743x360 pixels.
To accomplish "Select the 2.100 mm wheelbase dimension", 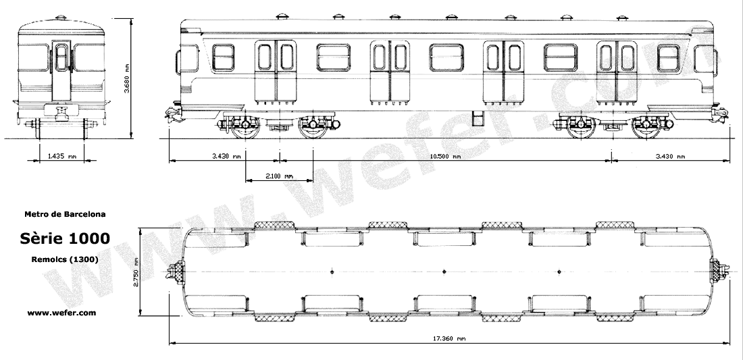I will click(279, 176).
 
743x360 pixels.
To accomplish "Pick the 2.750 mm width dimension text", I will click(136, 272).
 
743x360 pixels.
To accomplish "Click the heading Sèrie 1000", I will click(65, 239).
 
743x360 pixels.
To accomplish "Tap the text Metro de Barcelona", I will click(64, 214).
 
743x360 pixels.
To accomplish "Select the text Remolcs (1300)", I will click(65, 259).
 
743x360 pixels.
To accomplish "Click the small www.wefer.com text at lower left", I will click(61, 313).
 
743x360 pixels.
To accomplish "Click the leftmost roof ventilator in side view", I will click(282, 15).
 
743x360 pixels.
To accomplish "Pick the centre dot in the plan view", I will click(444, 272).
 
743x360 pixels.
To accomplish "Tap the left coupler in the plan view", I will click(177, 272).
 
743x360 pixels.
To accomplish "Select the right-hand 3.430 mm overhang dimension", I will click(670, 157).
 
